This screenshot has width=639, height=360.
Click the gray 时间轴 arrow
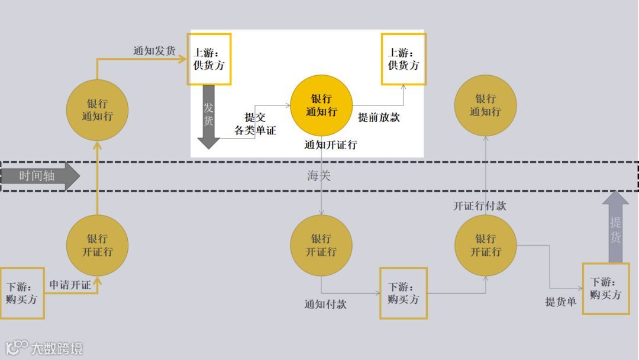tap(39, 176)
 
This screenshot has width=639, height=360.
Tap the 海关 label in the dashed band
tap(320, 176)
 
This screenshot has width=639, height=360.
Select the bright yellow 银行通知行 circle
tap(321, 105)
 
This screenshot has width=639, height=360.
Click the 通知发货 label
tap(154, 51)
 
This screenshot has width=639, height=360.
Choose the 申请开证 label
tap(70, 285)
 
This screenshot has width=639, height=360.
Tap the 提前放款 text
tap(379, 117)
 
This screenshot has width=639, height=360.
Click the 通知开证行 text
tap(331, 144)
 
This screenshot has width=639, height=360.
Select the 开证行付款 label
tap(480, 206)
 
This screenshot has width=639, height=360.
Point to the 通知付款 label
tap(325, 304)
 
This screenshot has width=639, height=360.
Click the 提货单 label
tap(561, 302)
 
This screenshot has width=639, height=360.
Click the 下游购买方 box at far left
tap(22, 292)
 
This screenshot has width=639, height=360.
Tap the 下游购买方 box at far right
tap(605, 288)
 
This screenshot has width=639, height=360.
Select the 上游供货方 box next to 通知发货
tap(209, 59)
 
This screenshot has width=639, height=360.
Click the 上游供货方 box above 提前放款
tap(403, 59)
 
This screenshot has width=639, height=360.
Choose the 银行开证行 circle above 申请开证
tap(97, 245)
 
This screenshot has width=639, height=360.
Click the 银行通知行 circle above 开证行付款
tap(485, 105)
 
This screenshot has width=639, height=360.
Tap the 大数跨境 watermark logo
tap(44, 348)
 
